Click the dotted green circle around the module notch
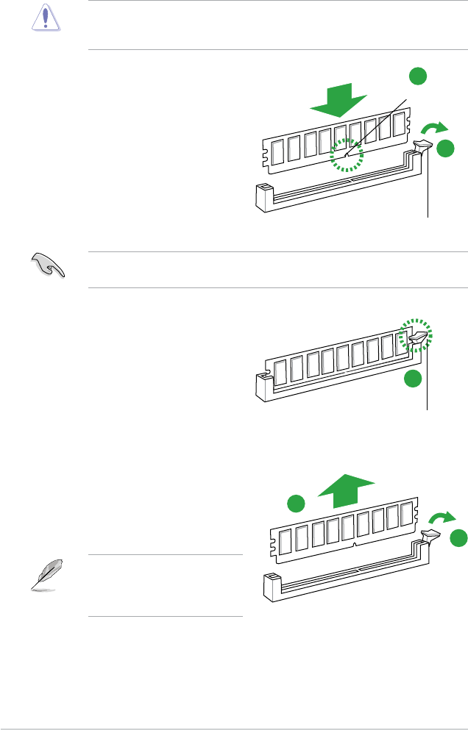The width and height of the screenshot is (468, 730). point(346,156)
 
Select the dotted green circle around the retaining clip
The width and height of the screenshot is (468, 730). point(415,337)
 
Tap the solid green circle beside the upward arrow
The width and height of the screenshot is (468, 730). point(295,504)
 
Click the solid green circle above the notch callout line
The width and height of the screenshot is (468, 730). point(417,76)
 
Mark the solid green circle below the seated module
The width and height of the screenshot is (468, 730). point(414,379)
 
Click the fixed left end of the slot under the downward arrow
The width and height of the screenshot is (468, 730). point(263,197)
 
